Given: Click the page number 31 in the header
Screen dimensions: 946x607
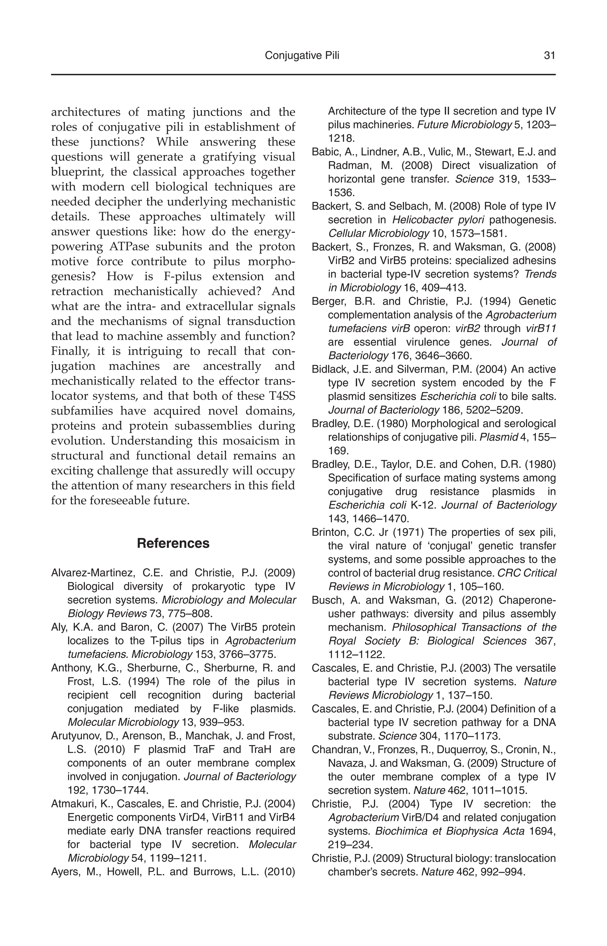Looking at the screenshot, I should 549,56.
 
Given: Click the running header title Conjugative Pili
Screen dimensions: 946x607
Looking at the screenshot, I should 302,56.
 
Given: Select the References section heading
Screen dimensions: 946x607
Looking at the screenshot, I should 173,543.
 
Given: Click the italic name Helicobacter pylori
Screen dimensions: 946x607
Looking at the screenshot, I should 438,220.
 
